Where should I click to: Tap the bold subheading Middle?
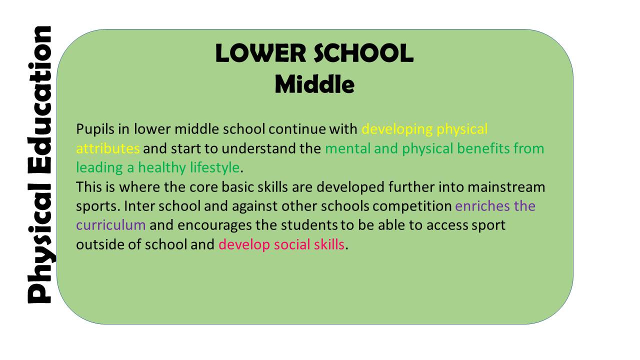(314, 84)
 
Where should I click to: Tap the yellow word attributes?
(107, 148)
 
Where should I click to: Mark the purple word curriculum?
(110, 225)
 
